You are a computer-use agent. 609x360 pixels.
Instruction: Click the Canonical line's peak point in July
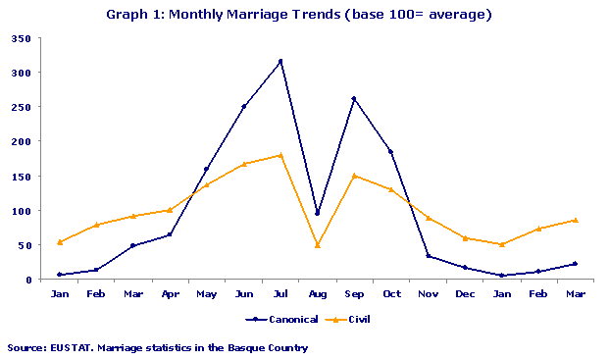(x=280, y=61)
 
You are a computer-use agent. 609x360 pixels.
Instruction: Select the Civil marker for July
(x=280, y=155)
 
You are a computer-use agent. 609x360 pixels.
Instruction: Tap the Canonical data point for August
(x=318, y=213)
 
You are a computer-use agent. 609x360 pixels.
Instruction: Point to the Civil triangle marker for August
(x=318, y=244)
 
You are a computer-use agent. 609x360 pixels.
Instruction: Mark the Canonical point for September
(x=354, y=98)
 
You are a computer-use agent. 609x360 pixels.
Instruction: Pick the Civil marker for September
(x=354, y=176)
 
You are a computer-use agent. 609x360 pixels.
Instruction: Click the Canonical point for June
(x=243, y=106)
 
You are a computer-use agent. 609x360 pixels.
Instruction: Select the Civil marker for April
(x=170, y=210)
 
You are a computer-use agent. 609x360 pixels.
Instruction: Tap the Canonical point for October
(x=391, y=152)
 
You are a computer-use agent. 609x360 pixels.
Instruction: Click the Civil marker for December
(x=465, y=237)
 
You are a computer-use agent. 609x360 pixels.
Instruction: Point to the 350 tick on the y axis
(x=21, y=38)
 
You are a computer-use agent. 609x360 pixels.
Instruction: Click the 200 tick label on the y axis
(x=21, y=141)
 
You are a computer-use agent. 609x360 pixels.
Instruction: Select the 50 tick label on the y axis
(x=24, y=245)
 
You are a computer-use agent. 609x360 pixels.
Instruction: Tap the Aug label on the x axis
(x=318, y=293)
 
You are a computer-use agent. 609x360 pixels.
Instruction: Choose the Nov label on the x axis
(x=429, y=293)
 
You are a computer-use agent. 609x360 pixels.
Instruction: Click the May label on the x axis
(x=207, y=293)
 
